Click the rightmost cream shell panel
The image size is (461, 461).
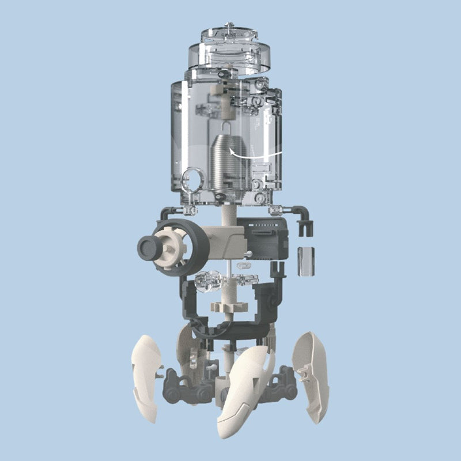pyautogui.click(x=311, y=375)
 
